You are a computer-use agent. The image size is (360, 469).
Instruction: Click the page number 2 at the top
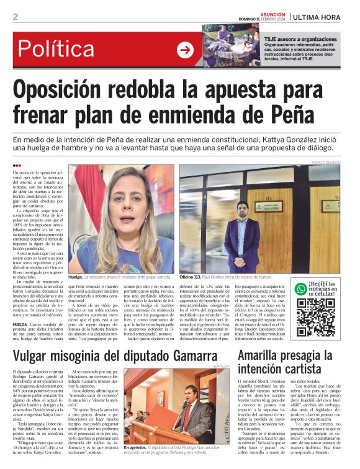tap(15, 17)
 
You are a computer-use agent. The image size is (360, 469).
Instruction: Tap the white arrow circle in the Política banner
tap(185, 50)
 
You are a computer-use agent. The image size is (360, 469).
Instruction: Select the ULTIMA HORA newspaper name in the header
tap(322, 17)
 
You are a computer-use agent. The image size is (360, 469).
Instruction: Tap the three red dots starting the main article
tap(17, 166)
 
